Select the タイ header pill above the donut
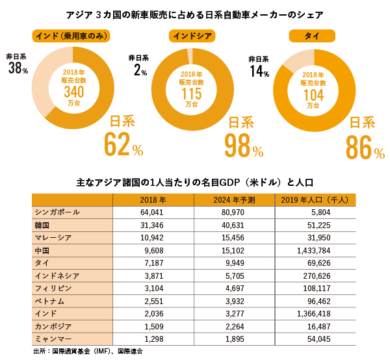312,36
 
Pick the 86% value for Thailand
365,148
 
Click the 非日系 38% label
18,64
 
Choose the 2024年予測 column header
234,199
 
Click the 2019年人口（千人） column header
315,199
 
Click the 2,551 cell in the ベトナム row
153,301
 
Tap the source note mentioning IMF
88,352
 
